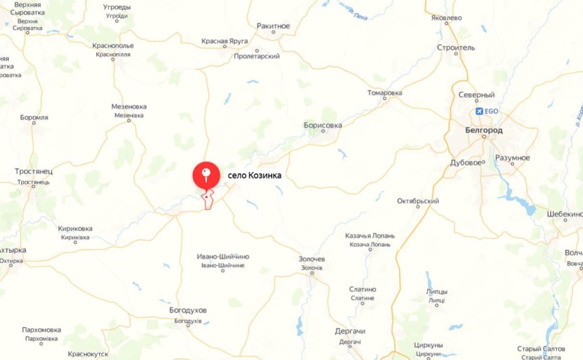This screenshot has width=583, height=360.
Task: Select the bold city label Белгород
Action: pyautogui.click(x=483, y=130)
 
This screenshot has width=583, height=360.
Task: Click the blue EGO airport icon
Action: pyautogui.click(x=480, y=111)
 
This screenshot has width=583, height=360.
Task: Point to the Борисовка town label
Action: pyautogui.click(x=323, y=125)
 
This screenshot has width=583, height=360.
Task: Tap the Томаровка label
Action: pyautogui.click(x=385, y=93)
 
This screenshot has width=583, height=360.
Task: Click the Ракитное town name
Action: pyautogui.click(x=273, y=26)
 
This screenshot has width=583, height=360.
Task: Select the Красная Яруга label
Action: pyautogui.click(x=225, y=42)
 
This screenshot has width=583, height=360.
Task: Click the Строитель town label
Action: pyautogui.click(x=455, y=47)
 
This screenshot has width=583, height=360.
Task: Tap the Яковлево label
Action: pyautogui.click(x=446, y=17)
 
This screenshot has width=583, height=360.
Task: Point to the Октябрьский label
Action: pyautogui.click(x=418, y=201)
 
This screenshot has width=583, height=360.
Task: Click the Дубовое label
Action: pyautogui.click(x=466, y=163)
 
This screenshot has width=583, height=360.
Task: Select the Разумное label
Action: pyautogui.click(x=512, y=158)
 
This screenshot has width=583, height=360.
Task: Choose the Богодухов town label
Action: pyautogui.click(x=188, y=310)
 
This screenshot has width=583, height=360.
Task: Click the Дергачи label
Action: pyautogui.click(x=350, y=332)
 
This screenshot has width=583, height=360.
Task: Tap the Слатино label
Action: pyautogui.click(x=362, y=289)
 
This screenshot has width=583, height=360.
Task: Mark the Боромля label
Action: pyautogui.click(x=34, y=117)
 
